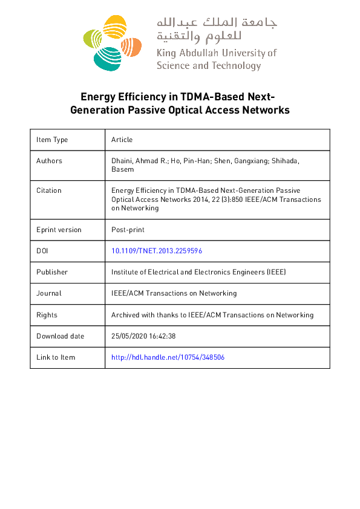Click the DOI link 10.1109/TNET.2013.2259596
tap(157, 251)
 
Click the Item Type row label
tap(52, 140)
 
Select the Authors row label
tap(49, 161)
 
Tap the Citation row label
tap(49, 190)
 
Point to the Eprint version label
tap(59, 230)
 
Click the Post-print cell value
tap(128, 230)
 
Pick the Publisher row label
tap(52, 272)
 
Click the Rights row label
tap(47, 315)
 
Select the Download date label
tap(60, 336)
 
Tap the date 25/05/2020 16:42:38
tap(143, 336)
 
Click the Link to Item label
tap(56, 357)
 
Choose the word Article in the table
tap(122, 140)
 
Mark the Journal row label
tap(49, 293)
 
